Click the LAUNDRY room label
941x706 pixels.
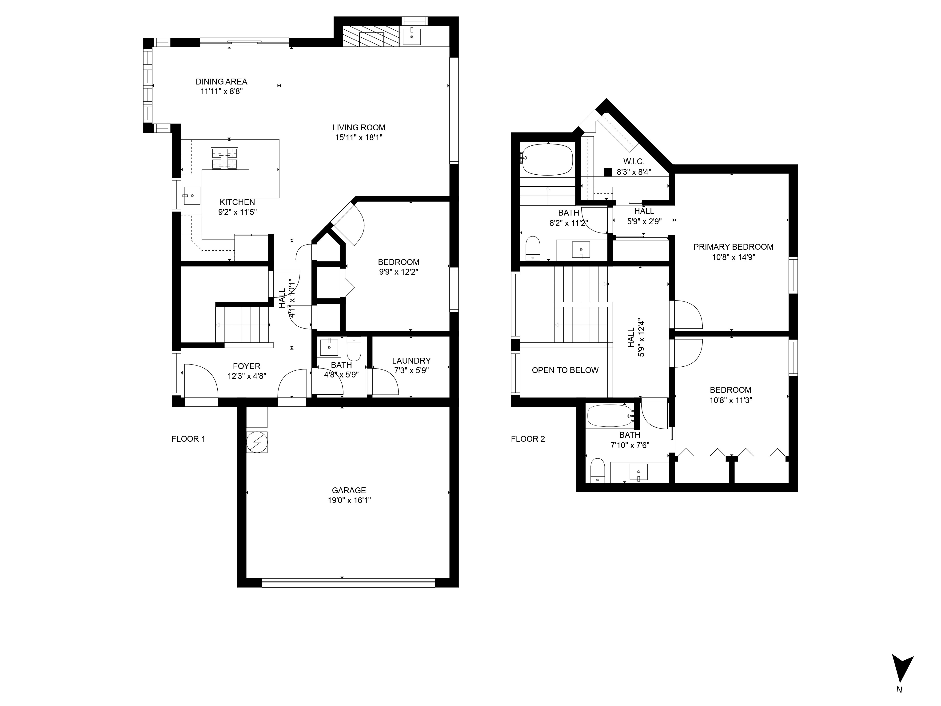tap(411, 361)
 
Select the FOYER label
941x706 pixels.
tap(247, 366)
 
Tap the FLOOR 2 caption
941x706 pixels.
tap(528, 439)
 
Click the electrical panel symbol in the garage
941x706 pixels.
tap(257, 442)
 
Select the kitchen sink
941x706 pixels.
tap(192, 196)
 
